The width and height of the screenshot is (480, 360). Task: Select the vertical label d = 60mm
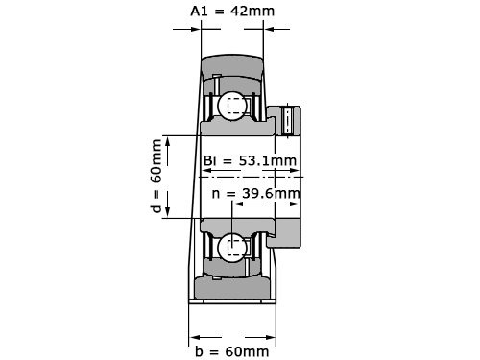[157, 177]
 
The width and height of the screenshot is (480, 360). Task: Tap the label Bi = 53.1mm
[249, 159]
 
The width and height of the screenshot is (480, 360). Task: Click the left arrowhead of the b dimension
[193, 336]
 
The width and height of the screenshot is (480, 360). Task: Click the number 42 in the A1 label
[246, 11]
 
